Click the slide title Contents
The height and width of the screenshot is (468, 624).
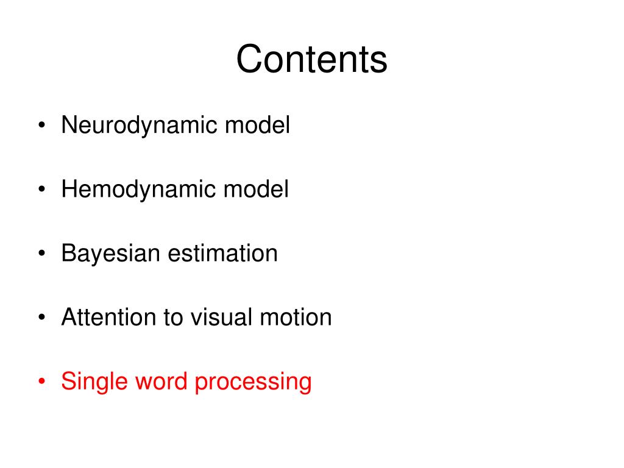point(311,60)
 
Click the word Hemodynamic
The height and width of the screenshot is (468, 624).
point(138,190)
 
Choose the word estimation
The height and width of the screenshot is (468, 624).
point(223,253)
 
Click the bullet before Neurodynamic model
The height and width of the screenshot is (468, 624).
point(41,127)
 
